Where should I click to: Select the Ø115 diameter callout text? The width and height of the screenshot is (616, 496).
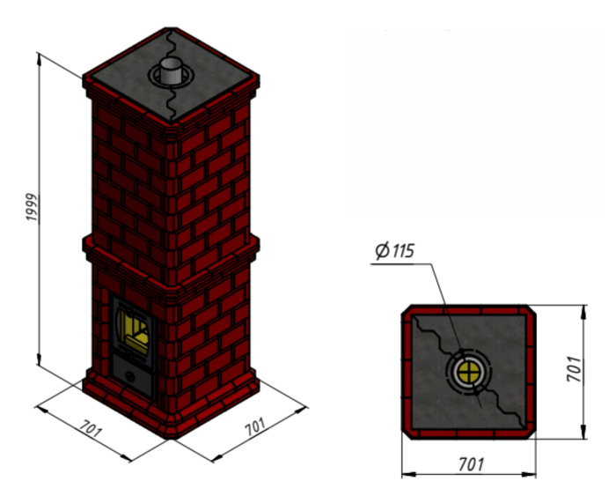coord(393,250)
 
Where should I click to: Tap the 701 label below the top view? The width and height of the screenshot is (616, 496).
coord(470,464)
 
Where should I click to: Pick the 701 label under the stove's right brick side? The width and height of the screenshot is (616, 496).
coord(254,428)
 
